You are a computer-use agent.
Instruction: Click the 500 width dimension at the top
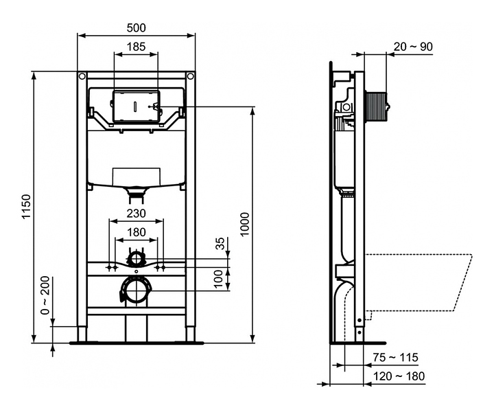pyautogui.click(x=136, y=27)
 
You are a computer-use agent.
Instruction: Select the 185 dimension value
pyautogui.click(x=136, y=47)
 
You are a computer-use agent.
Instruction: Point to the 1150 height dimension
pyautogui.click(x=25, y=206)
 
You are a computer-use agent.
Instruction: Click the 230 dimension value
pyautogui.click(x=137, y=214)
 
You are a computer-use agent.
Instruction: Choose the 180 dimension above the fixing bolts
pyautogui.click(x=137, y=232)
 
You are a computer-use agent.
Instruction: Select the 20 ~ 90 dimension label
pyautogui.click(x=413, y=47)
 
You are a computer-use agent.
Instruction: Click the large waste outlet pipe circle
pyautogui.click(x=136, y=291)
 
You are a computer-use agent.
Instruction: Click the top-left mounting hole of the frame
pyautogui.click(x=82, y=76)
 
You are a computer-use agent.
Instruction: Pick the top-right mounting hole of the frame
pyautogui.click(x=190, y=76)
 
